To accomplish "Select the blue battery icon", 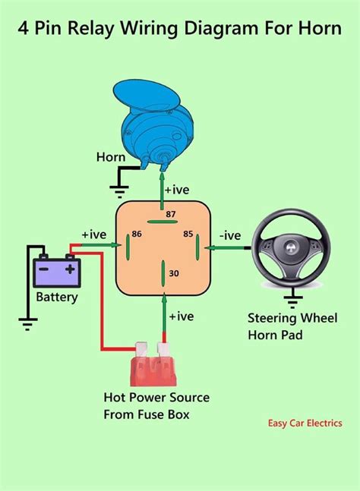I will pyautogui.click(x=58, y=270).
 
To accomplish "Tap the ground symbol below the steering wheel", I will pyautogui.click(x=292, y=298).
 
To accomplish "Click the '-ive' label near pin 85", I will pyautogui.click(x=229, y=236).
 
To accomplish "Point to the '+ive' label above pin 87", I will pyautogui.click(x=182, y=190).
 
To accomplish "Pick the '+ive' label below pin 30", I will pyautogui.click(x=182, y=315).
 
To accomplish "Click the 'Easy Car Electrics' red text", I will pyautogui.click(x=304, y=423).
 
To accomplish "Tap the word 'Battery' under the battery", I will pyautogui.click(x=57, y=297).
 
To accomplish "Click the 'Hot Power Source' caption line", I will pyautogui.click(x=156, y=398).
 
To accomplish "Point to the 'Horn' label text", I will pyautogui.click(x=111, y=157).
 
